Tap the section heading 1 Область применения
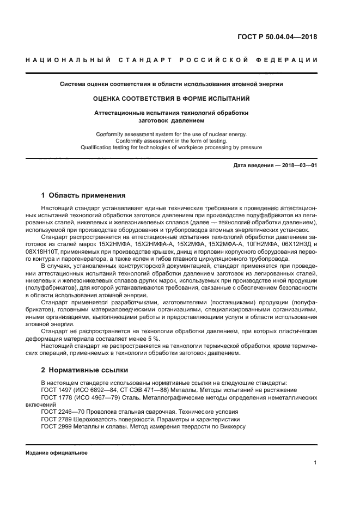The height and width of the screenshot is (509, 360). tap(84, 195)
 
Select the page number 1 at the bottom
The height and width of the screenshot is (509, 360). tap(315, 463)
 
